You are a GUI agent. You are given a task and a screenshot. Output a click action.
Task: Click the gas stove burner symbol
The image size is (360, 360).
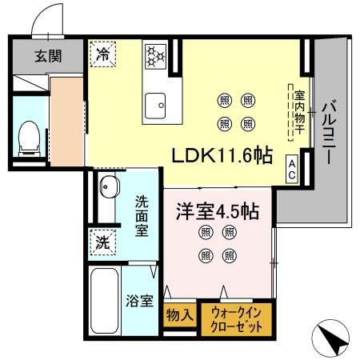154,56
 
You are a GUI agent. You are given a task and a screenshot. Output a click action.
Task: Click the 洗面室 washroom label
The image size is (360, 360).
142,215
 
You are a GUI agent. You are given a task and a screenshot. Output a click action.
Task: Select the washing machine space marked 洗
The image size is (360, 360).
103,241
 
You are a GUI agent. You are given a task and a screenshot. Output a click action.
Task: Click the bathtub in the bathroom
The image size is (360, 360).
105,299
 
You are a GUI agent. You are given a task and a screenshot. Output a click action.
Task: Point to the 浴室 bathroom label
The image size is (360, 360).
141,302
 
